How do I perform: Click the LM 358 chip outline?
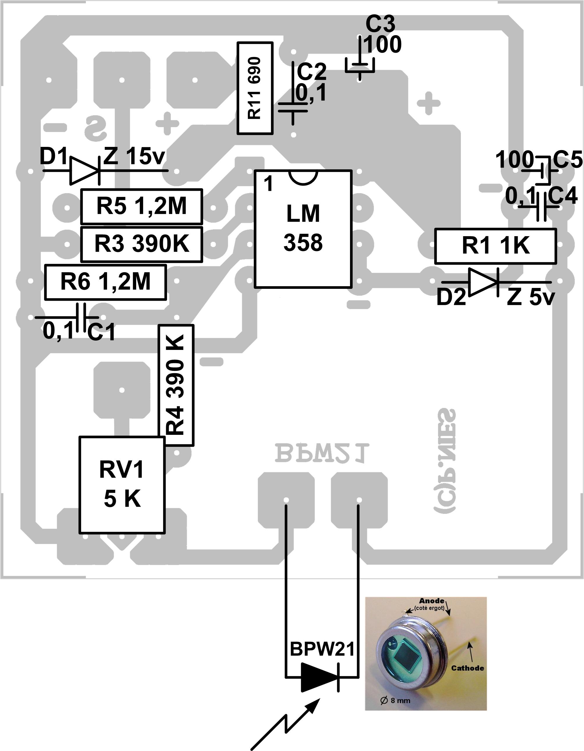(303, 229)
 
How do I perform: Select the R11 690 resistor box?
(255, 88)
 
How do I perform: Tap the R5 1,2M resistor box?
(141, 206)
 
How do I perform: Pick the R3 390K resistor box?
(141, 244)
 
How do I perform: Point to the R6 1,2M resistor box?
(106, 282)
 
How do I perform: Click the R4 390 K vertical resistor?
(176, 385)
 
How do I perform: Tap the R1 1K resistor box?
(495, 246)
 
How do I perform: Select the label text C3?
(380, 24)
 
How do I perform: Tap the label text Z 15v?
(134, 156)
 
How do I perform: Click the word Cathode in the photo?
(467, 668)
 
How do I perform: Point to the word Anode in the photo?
(432, 601)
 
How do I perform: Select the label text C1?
(101, 332)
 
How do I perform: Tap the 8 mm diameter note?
(395, 700)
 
